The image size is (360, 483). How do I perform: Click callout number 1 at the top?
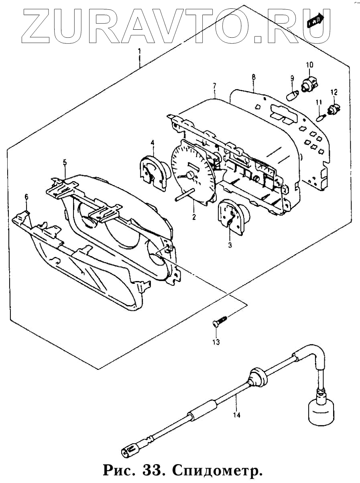tap(139, 51)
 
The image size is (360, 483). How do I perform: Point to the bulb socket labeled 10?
tap(309, 82)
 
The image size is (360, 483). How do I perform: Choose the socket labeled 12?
tap(334, 109)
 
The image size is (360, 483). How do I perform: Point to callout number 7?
tap(215, 86)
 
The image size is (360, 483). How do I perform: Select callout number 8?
tap(254, 76)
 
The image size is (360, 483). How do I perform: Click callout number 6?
tap(26, 196)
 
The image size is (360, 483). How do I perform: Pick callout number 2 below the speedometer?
tap(193, 217)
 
